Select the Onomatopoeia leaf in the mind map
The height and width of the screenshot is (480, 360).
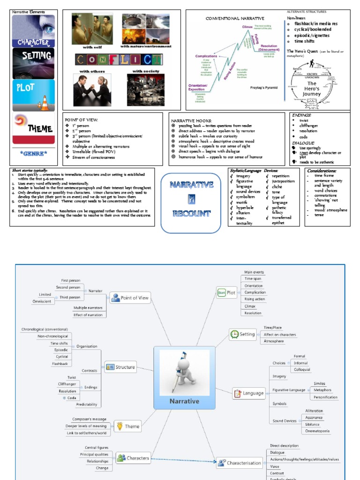(x=317, y=431)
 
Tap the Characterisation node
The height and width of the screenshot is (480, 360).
(x=240, y=463)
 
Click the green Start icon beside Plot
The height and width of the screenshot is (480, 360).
(x=221, y=293)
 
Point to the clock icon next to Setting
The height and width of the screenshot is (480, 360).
(x=234, y=334)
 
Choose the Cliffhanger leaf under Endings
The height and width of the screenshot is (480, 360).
(x=67, y=384)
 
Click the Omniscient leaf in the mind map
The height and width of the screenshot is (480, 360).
(x=42, y=302)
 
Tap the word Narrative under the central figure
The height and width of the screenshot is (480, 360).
(x=184, y=401)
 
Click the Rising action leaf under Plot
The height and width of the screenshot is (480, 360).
(x=255, y=299)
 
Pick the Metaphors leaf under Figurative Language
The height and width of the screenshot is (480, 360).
(x=322, y=390)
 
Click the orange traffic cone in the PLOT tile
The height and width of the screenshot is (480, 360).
(x=45, y=103)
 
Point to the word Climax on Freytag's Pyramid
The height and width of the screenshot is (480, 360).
(x=247, y=27)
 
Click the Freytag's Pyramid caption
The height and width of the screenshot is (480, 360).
(x=263, y=87)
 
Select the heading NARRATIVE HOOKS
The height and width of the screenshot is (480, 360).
(x=191, y=120)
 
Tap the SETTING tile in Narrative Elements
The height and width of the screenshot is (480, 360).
(x=33, y=63)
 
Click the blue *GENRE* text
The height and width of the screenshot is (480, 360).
(x=33, y=153)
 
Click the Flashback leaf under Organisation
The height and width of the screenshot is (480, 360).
(x=60, y=364)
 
